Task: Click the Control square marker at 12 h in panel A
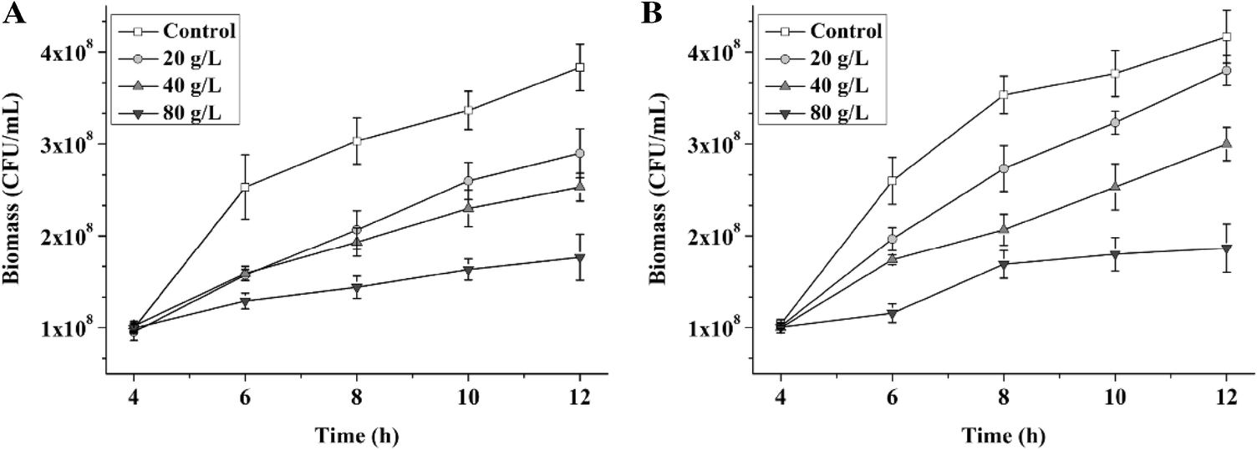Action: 579,67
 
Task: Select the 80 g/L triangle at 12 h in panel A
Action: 579,257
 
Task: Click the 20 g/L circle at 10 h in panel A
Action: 468,181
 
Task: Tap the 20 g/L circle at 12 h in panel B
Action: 1226,71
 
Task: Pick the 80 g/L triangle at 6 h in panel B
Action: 892,315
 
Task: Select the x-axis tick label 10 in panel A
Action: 468,399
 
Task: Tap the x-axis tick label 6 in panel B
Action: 892,399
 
